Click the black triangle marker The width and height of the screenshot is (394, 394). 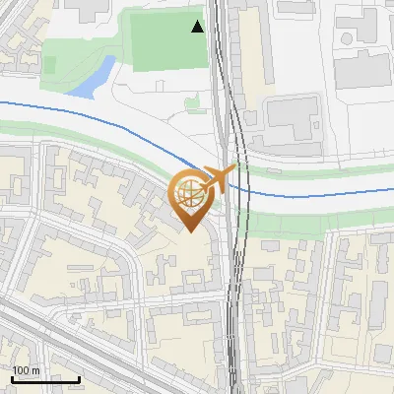[198, 27]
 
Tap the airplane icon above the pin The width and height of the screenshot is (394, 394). [221, 178]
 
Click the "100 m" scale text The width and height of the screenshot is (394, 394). [26, 370]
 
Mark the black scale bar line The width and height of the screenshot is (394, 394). [45, 379]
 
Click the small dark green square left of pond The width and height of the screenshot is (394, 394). [49, 64]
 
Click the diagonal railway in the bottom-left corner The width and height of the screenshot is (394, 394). [59, 340]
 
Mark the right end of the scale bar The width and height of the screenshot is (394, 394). [79, 379]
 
